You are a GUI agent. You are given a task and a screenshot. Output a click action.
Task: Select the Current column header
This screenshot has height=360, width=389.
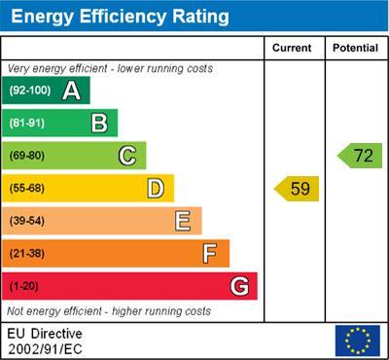coord(293,48)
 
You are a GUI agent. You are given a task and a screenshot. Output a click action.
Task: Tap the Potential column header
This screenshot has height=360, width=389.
coord(355,48)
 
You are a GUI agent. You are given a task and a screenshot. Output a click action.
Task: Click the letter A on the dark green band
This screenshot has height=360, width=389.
coord(71,90)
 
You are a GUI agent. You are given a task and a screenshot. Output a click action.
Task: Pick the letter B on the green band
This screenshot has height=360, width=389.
coord(99,123)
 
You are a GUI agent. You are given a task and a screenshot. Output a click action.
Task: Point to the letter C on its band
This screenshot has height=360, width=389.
coord(126,156)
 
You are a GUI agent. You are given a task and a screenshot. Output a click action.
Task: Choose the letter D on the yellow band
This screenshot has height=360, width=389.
coord(155,188)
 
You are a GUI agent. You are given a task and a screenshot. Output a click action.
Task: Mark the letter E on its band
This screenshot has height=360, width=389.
coord(182,221)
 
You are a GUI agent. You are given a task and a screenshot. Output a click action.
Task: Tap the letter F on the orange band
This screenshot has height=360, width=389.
coord(210,253)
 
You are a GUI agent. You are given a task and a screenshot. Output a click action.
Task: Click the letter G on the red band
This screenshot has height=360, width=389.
coord(238,286)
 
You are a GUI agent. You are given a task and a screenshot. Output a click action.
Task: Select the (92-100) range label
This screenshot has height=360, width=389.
coord(30,90)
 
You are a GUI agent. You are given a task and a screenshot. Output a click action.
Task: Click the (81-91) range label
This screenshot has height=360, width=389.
coord(27,123)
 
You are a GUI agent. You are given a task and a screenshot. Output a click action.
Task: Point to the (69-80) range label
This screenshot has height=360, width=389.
coord(27,156)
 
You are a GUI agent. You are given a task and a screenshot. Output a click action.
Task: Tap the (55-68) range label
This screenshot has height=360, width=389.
coord(27,188)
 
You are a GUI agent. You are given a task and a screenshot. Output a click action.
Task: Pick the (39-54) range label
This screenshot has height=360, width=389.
coord(27,221)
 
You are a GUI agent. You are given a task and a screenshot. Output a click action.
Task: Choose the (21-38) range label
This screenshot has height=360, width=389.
coord(27,253)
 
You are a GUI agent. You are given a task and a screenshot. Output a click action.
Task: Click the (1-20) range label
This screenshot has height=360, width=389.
coord(24,286)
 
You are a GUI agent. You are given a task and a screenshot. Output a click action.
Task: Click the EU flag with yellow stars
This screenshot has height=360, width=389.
coord(357,340)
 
